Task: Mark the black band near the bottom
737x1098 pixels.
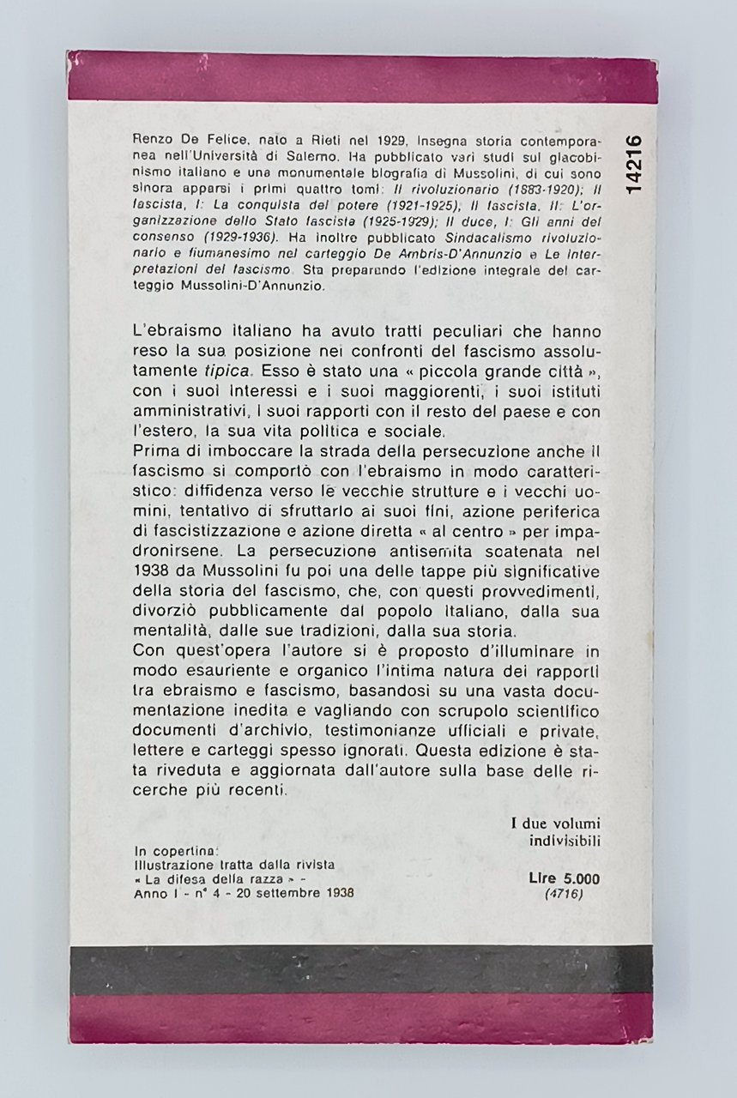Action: [x=368, y=969]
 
